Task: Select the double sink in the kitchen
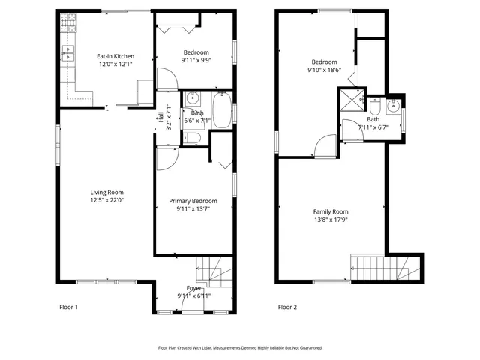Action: tap(68, 53)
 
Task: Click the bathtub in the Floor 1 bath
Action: tap(222, 111)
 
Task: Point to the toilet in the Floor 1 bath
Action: tap(193, 137)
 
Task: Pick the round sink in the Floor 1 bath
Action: tap(193, 98)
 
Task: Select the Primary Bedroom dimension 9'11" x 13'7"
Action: tap(193, 210)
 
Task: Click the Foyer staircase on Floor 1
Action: tap(214, 271)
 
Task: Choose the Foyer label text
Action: tap(193, 288)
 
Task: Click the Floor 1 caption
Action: tap(68, 307)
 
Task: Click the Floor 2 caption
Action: tap(288, 307)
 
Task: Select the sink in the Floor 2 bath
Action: tap(393, 106)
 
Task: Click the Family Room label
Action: tap(331, 211)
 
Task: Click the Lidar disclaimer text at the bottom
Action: tap(239, 348)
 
